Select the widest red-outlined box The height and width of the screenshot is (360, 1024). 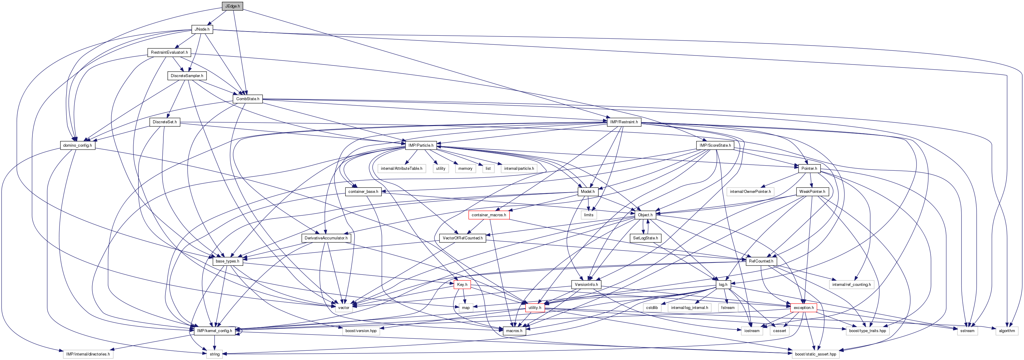tap(488, 215)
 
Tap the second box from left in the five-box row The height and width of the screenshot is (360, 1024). tap(440, 169)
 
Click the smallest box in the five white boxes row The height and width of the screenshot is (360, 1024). tap(488, 169)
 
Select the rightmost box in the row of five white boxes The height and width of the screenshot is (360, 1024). tap(519, 169)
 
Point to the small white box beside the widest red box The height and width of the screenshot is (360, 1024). tap(589, 215)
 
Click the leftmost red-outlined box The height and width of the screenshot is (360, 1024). tap(462, 284)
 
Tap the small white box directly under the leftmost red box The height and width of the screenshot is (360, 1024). tap(466, 307)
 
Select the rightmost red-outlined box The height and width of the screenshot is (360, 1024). tap(803, 307)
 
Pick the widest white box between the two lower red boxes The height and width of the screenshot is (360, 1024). tap(689, 307)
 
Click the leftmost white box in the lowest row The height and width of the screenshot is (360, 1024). tap(88, 354)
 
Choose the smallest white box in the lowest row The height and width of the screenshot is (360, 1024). tap(214, 354)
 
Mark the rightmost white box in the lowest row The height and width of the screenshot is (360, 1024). tap(815, 354)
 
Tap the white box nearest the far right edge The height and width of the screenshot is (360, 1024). tap(1007, 331)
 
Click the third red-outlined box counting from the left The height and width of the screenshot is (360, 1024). tap(535, 307)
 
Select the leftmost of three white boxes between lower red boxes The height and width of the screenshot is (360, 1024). tap(652, 307)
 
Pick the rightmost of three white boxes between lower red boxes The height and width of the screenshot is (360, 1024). tap(728, 307)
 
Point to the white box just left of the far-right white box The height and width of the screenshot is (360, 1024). tap(967, 331)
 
